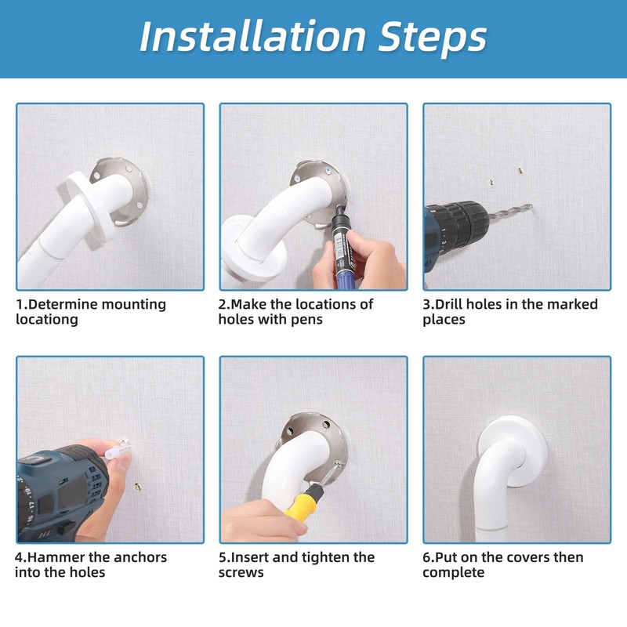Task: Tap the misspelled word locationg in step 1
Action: coord(47,320)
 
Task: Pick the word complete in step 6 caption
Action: coord(454,573)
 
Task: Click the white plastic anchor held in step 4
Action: coord(116,452)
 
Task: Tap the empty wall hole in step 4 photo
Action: coord(138,486)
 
